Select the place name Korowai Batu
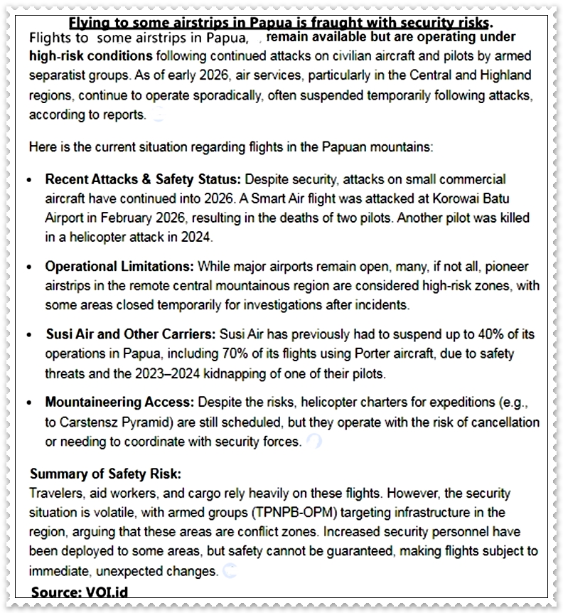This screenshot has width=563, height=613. (x=462, y=199)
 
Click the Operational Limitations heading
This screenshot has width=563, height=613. (x=119, y=266)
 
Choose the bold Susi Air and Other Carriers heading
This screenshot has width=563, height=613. (x=132, y=334)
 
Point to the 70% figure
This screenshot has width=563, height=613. (x=233, y=353)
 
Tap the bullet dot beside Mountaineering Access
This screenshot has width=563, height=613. (x=29, y=403)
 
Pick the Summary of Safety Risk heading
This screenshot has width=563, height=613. (x=105, y=474)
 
